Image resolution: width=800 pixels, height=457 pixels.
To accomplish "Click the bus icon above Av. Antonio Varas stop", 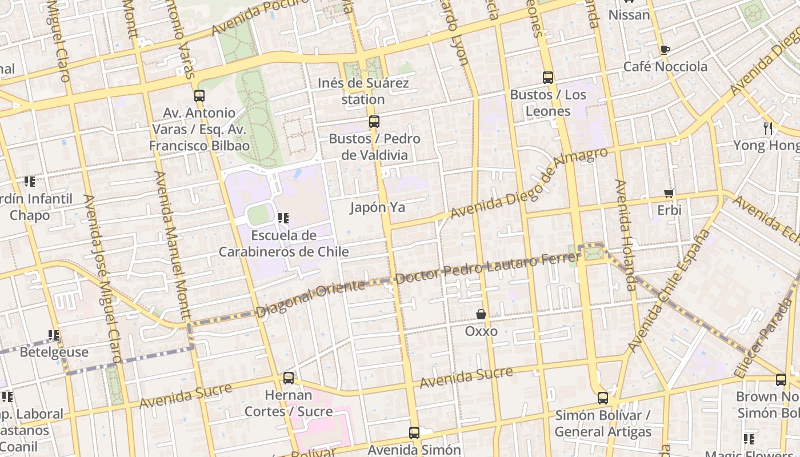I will [x=199, y=96].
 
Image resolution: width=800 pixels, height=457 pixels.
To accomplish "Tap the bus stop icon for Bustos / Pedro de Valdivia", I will [x=374, y=122].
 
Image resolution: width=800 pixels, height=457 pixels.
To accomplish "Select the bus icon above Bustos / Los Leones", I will [x=547, y=78].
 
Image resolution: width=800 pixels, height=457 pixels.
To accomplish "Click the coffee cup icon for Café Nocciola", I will [x=665, y=50].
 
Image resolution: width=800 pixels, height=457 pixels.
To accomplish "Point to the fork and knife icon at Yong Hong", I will [x=768, y=128].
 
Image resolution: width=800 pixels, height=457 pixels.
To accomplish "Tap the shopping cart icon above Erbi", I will [x=669, y=194].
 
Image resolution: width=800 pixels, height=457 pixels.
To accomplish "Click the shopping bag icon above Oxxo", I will [x=481, y=314].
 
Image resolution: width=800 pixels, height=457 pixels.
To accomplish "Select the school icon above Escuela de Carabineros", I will [x=283, y=218].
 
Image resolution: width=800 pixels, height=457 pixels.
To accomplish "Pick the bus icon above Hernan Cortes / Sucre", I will [x=289, y=378].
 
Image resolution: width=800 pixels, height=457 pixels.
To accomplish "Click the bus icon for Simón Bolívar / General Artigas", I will [x=602, y=398].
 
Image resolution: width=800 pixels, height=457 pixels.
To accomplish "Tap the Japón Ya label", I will [x=377, y=207].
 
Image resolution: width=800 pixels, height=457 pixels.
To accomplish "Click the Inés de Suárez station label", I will [x=363, y=91].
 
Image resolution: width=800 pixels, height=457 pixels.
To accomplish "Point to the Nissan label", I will [x=629, y=15].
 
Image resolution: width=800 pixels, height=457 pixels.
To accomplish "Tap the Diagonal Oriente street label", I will [x=310, y=299].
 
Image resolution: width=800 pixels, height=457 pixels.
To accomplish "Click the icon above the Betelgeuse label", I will [x=54, y=335].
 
